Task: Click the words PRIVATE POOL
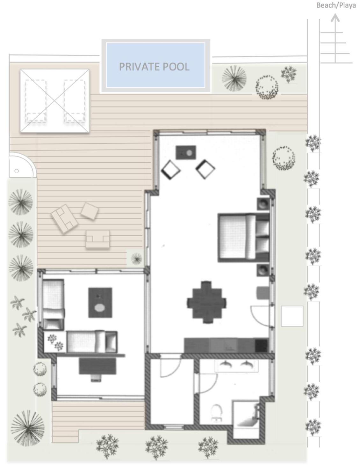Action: coord(154,67)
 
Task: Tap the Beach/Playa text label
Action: coord(336,5)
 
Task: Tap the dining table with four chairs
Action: coord(207,302)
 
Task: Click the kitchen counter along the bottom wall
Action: coord(226,345)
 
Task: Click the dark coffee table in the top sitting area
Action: coord(186,152)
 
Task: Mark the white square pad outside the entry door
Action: coord(292,316)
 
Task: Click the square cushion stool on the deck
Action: coord(90,211)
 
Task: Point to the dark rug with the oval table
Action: coord(100,303)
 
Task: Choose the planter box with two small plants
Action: coord(55,342)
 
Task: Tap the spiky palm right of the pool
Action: coord(234,78)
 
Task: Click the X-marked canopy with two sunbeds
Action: coord(55,100)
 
